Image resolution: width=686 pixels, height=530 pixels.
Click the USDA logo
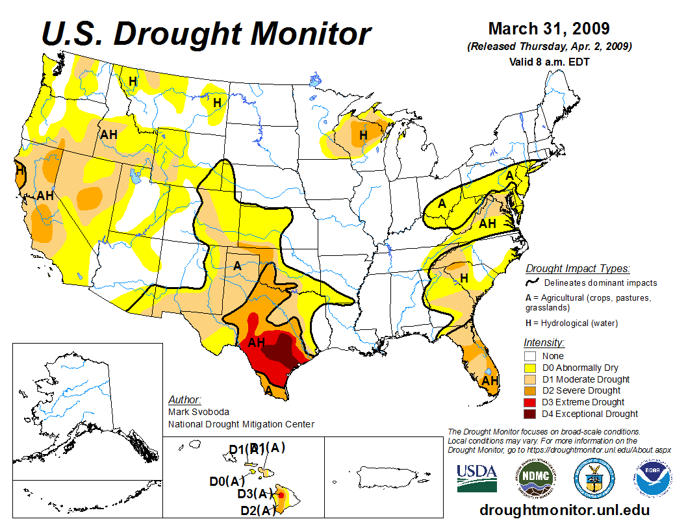(x=477, y=479)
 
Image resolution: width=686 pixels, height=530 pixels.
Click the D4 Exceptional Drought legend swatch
(x=530, y=414)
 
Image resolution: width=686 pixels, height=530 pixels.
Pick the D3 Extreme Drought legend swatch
(x=530, y=402)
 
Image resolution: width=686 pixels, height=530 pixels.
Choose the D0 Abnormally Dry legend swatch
(x=530, y=368)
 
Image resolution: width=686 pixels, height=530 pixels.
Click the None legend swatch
(x=530, y=356)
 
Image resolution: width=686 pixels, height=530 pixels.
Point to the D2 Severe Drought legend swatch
(x=530, y=390)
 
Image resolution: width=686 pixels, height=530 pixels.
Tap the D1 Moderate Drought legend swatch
(x=530, y=379)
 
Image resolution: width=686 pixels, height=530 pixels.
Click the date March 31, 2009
(x=548, y=29)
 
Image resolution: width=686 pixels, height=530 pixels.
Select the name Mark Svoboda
(x=198, y=412)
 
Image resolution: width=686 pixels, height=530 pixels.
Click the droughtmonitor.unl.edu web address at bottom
(x=564, y=510)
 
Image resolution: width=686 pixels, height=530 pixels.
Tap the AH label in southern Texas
(x=257, y=341)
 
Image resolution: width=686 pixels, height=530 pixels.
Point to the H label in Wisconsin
(x=363, y=135)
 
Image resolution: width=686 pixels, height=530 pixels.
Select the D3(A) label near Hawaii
(x=255, y=494)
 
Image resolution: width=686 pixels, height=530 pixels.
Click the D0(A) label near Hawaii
(x=227, y=481)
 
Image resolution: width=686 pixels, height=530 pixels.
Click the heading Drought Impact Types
(x=578, y=268)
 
